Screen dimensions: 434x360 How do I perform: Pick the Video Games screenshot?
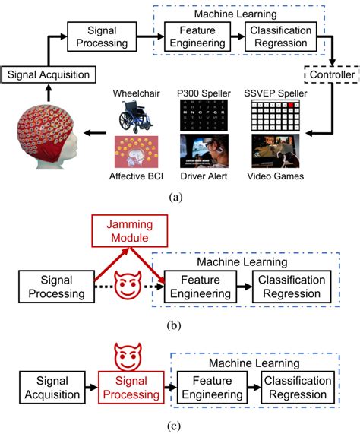278,150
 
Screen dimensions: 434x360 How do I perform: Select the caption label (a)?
179,195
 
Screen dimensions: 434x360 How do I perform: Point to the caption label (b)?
179,329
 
